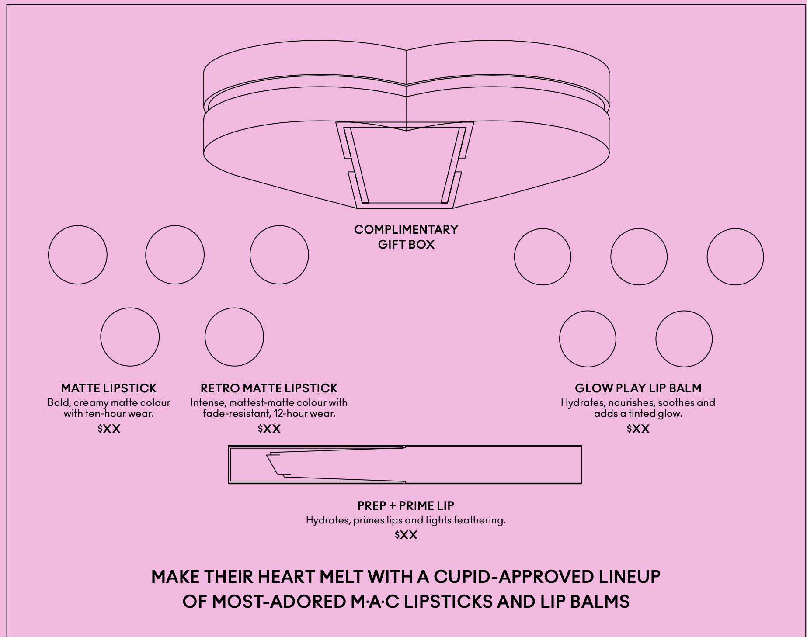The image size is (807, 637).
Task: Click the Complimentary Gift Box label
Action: (x=406, y=237)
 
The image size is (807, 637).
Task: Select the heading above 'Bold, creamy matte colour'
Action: (x=109, y=388)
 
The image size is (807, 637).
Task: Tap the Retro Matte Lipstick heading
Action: (x=269, y=388)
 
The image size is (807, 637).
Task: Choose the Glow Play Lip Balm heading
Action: (x=638, y=388)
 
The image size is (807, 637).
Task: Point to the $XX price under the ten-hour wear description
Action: (x=109, y=429)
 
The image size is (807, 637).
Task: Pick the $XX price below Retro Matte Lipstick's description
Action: (x=269, y=429)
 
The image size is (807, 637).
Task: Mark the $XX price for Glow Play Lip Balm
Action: (x=638, y=429)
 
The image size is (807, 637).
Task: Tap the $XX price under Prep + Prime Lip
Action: (x=406, y=535)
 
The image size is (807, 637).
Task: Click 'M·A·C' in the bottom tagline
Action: (x=375, y=602)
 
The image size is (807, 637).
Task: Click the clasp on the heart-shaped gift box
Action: (x=405, y=165)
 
